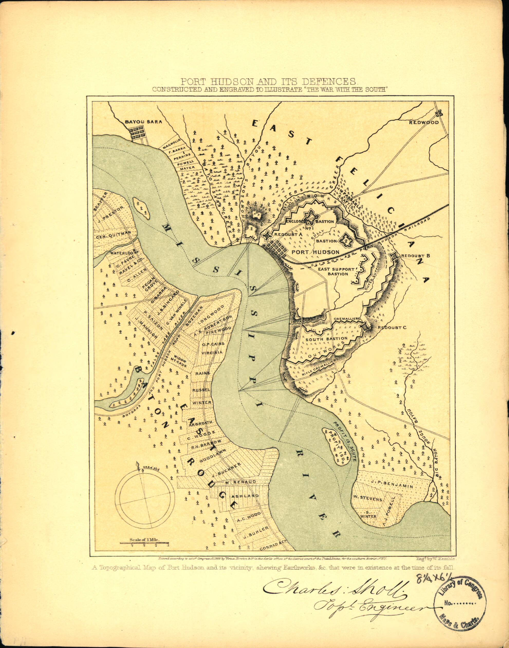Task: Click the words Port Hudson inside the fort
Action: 315,252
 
